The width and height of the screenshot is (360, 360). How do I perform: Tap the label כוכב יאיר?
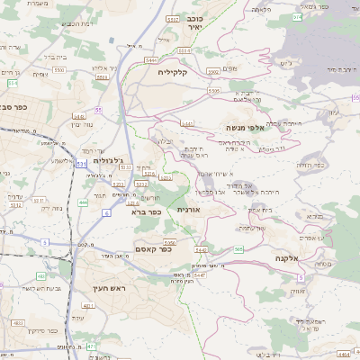click(x=193, y=22)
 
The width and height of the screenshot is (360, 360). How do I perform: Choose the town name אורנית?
click(x=187, y=209)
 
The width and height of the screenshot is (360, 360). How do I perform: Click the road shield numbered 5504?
click(x=101, y=77)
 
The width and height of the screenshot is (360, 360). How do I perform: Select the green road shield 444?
click(x=83, y=202)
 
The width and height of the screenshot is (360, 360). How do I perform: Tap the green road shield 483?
click(x=41, y=275)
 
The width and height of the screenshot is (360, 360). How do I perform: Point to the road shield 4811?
click(x=88, y=306)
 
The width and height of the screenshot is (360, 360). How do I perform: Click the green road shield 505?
click(x=239, y=249)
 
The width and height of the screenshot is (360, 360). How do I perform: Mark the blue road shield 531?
click(x=82, y=165)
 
